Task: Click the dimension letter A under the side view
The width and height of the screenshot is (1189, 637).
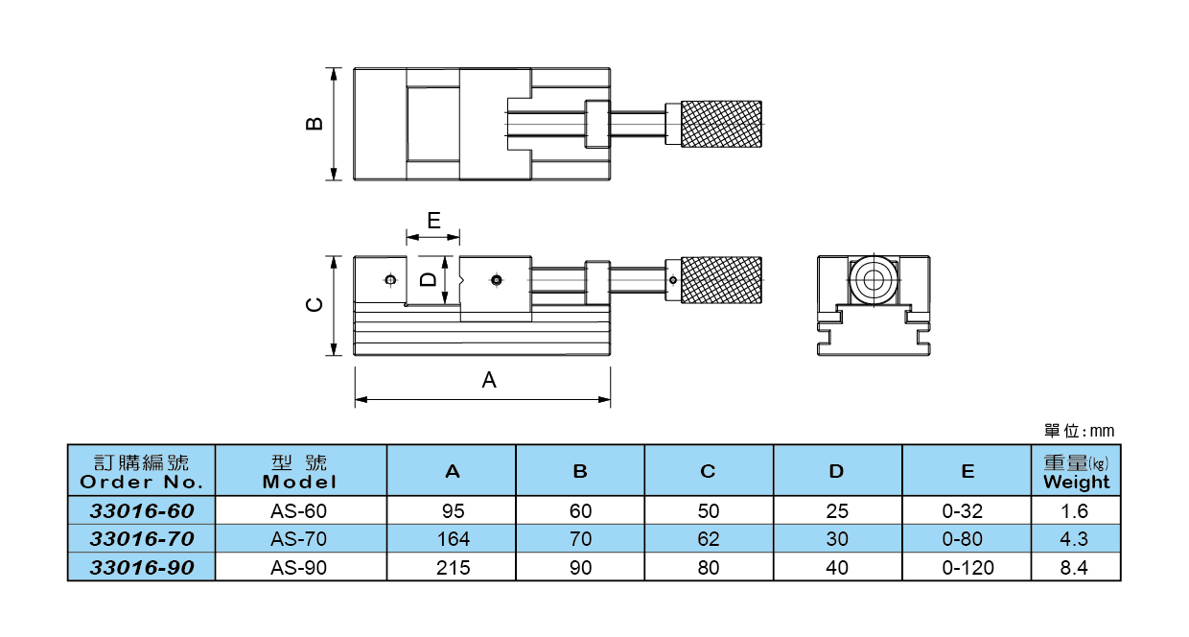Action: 489,380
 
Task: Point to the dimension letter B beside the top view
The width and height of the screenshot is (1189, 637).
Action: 314,124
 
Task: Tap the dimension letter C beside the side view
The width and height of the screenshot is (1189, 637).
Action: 314,305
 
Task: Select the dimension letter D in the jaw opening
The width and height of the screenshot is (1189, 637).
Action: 429,280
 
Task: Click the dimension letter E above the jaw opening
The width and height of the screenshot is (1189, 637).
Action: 433,221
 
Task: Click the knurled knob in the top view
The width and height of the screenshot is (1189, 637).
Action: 722,124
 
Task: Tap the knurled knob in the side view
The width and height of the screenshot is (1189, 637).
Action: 722,280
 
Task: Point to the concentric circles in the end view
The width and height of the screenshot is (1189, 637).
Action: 873,281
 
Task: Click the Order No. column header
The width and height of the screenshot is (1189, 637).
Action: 142,471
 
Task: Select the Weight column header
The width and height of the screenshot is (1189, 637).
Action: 1076,471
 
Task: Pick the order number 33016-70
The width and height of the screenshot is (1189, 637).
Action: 142,539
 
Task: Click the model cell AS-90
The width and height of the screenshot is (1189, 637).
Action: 299,568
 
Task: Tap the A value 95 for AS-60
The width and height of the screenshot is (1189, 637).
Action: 453,511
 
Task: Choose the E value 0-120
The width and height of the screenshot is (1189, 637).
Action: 968,568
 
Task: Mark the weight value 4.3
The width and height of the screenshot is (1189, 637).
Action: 1076,539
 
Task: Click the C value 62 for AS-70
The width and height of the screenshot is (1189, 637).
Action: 709,539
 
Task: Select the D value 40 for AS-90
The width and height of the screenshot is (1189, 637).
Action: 837,568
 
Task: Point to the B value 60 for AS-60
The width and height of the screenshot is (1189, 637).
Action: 580,511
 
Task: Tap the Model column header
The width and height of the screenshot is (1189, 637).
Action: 300,471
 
